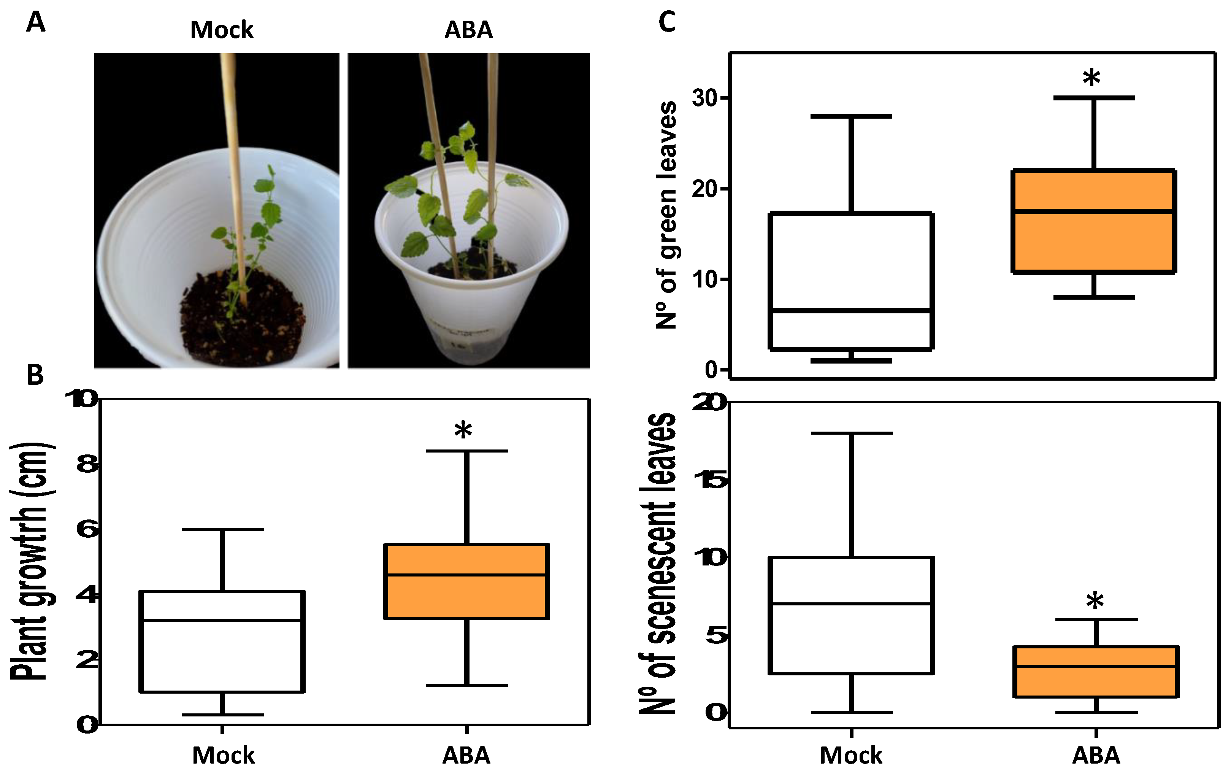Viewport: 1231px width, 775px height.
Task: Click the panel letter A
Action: [x=35, y=23]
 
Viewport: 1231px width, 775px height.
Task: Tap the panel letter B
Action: [x=35, y=375]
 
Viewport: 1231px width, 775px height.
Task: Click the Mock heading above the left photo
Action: [x=221, y=30]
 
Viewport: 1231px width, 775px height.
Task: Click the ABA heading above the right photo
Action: [x=468, y=30]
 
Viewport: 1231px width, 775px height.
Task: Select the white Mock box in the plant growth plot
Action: [x=222, y=642]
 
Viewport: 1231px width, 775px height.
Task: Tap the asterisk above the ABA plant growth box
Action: [x=463, y=431]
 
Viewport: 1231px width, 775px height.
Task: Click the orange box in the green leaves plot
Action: [x=1093, y=221]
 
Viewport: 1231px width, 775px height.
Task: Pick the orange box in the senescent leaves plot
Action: [x=1096, y=671]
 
